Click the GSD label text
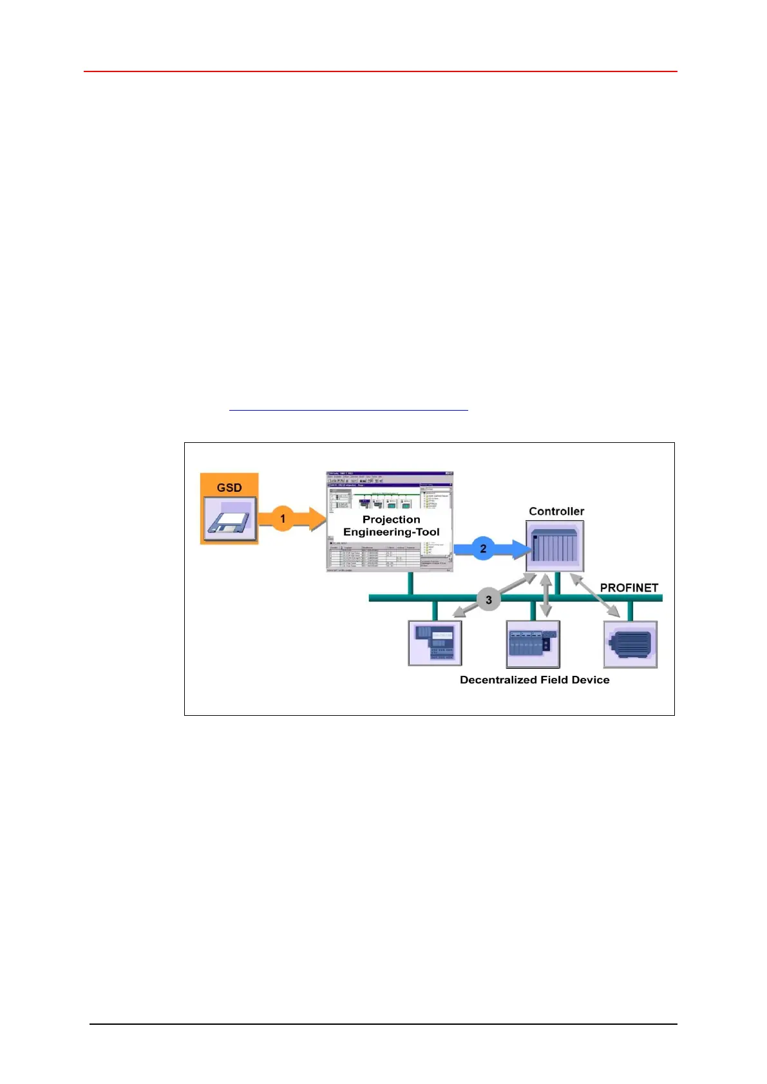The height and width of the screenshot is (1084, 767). pos(229,487)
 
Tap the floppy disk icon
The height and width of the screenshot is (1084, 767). pos(230,519)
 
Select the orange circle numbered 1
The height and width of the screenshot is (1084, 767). pos(282,518)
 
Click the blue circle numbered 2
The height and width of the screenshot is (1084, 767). pos(483,548)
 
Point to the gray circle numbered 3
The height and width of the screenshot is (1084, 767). pos(488,600)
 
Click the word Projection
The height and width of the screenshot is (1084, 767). pos(391,519)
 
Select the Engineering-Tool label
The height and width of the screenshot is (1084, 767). pos(391,532)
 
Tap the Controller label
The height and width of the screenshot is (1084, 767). pos(556,511)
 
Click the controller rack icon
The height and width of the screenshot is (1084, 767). pos(554,547)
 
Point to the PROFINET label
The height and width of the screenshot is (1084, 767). pos(629,588)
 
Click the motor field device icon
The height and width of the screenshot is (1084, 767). pos(630,644)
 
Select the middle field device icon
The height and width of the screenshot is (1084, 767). pos(533,644)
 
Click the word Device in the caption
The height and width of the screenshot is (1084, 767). pos(591,680)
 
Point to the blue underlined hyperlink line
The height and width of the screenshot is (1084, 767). pos(348,409)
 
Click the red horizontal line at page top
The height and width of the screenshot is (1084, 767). pos(380,71)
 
